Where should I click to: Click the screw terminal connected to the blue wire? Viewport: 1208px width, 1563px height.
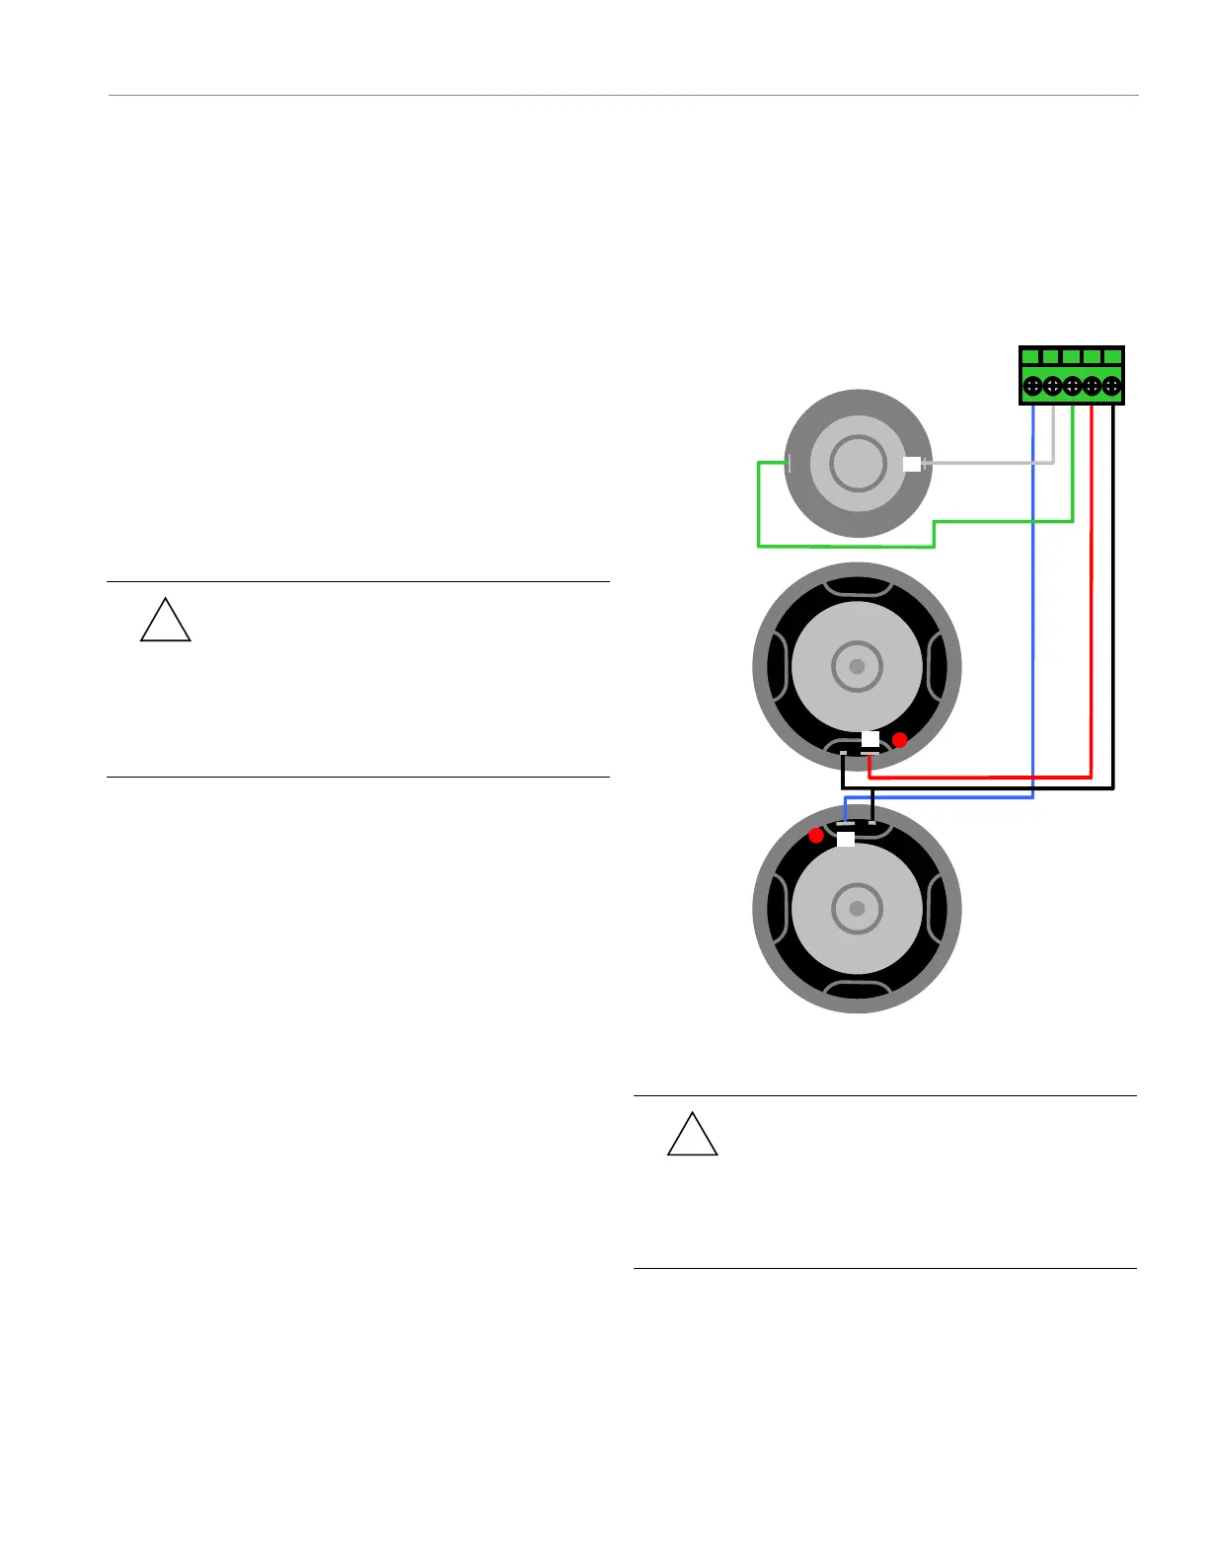click(1032, 386)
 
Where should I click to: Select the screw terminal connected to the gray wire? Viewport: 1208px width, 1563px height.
click(1052, 386)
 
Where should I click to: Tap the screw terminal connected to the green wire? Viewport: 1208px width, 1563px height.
click(1072, 386)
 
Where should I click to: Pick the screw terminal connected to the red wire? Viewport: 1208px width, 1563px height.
click(1092, 386)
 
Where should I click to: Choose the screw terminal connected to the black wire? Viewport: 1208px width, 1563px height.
click(1111, 386)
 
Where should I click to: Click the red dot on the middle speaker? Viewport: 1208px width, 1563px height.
click(899, 739)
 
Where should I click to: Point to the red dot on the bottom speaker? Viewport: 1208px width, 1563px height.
click(816, 836)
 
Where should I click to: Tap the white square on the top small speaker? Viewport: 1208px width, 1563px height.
click(912, 463)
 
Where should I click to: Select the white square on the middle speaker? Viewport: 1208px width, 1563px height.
click(869, 739)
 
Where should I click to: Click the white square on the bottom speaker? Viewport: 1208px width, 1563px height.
click(846, 839)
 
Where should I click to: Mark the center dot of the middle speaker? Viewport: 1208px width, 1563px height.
click(857, 666)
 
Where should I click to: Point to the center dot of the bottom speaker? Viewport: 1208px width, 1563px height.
click(857, 908)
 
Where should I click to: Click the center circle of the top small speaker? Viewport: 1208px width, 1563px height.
click(858, 463)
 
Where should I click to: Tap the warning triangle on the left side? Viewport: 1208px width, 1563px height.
click(166, 623)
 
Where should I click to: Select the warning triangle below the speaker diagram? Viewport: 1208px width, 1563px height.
click(693, 1137)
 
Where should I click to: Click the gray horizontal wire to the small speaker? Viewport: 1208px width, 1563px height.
click(987, 462)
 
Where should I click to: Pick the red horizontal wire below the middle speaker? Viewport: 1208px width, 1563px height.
click(977, 777)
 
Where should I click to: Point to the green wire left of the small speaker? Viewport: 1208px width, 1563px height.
click(758, 503)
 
